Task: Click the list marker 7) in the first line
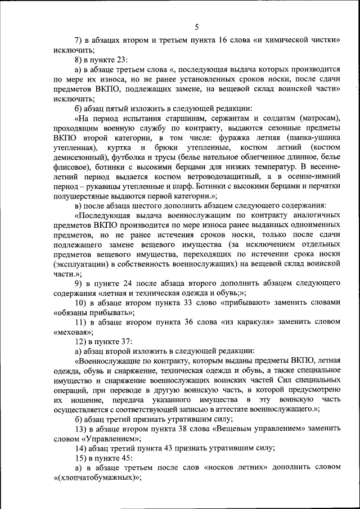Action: (x=79, y=40)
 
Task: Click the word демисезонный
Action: (x=81, y=157)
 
